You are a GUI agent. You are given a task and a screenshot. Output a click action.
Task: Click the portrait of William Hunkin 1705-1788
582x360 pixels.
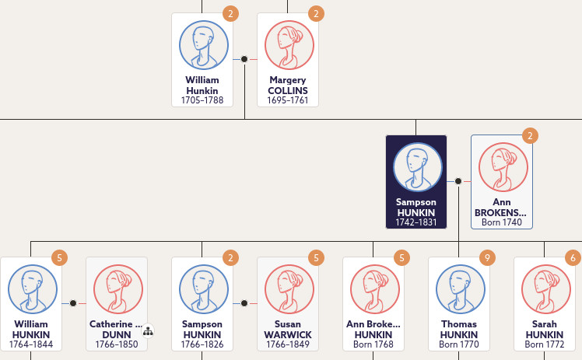click(x=204, y=45)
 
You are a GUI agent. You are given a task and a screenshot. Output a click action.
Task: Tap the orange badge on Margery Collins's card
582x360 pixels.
click(x=316, y=14)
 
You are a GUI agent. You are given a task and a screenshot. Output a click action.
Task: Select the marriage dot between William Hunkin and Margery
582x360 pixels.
click(x=244, y=59)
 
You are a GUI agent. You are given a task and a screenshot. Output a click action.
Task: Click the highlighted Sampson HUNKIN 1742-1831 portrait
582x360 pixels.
click(x=418, y=167)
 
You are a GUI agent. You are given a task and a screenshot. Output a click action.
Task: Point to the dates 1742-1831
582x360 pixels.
click(x=415, y=222)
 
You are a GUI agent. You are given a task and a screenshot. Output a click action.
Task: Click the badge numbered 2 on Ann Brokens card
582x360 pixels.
click(x=530, y=136)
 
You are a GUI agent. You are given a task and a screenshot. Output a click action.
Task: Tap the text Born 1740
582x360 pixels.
click(x=501, y=222)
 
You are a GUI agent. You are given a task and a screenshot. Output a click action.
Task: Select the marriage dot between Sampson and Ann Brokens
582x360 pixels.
click(x=458, y=181)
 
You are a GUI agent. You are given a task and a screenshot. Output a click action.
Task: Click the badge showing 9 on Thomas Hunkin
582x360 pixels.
click(x=487, y=257)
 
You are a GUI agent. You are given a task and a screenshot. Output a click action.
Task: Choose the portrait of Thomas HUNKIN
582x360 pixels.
click(x=461, y=288)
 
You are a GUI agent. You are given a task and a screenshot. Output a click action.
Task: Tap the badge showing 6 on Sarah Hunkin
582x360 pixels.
click(x=573, y=257)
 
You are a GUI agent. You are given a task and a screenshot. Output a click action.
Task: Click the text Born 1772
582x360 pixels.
click(x=544, y=344)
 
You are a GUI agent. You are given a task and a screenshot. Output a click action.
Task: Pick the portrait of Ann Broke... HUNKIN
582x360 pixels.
click(x=375, y=288)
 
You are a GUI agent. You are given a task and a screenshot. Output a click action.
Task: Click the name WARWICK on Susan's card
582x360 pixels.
click(x=288, y=334)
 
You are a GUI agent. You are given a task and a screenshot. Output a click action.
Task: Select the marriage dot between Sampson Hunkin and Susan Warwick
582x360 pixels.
click(x=244, y=303)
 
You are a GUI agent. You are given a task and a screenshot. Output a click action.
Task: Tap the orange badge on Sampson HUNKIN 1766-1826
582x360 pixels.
click(x=230, y=257)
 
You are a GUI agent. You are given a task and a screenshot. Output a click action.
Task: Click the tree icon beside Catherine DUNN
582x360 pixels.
click(x=148, y=331)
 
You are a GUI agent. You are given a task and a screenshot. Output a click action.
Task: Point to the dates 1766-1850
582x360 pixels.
click(x=117, y=344)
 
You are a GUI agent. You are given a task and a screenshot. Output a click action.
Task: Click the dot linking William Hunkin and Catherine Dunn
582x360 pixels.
click(x=73, y=303)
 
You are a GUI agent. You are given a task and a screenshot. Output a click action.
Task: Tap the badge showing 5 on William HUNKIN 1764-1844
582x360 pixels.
click(x=59, y=257)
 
